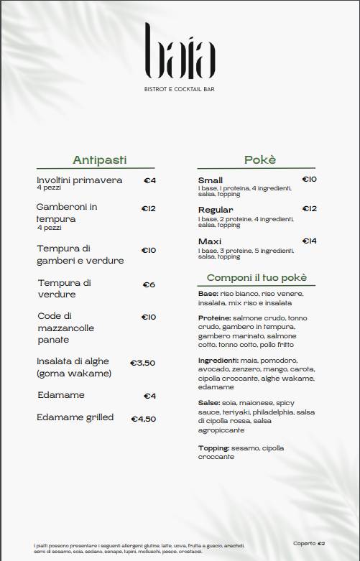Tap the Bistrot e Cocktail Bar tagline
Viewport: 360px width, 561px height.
coord(180,89)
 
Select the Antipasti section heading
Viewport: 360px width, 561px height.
coord(103,159)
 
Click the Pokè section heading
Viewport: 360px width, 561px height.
coord(259,159)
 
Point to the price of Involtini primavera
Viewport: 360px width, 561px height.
coord(149,180)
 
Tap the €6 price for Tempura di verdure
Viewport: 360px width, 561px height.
coord(149,284)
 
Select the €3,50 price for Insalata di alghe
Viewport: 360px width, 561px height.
coord(142,363)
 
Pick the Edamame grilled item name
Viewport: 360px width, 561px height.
coord(75,417)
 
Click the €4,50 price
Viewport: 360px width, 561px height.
coord(143,419)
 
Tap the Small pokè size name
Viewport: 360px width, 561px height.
coord(210,180)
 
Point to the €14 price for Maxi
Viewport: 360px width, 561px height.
coord(309,241)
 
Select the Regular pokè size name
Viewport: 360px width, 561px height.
coord(216,210)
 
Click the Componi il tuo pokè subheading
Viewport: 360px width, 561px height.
coord(257,277)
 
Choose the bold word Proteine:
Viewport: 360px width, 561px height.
coord(214,317)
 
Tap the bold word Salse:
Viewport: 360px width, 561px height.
coord(209,403)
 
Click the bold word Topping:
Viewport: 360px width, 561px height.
coord(213,448)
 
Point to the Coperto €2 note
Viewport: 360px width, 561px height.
coord(309,543)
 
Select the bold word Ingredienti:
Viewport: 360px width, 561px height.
coord(218,360)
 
